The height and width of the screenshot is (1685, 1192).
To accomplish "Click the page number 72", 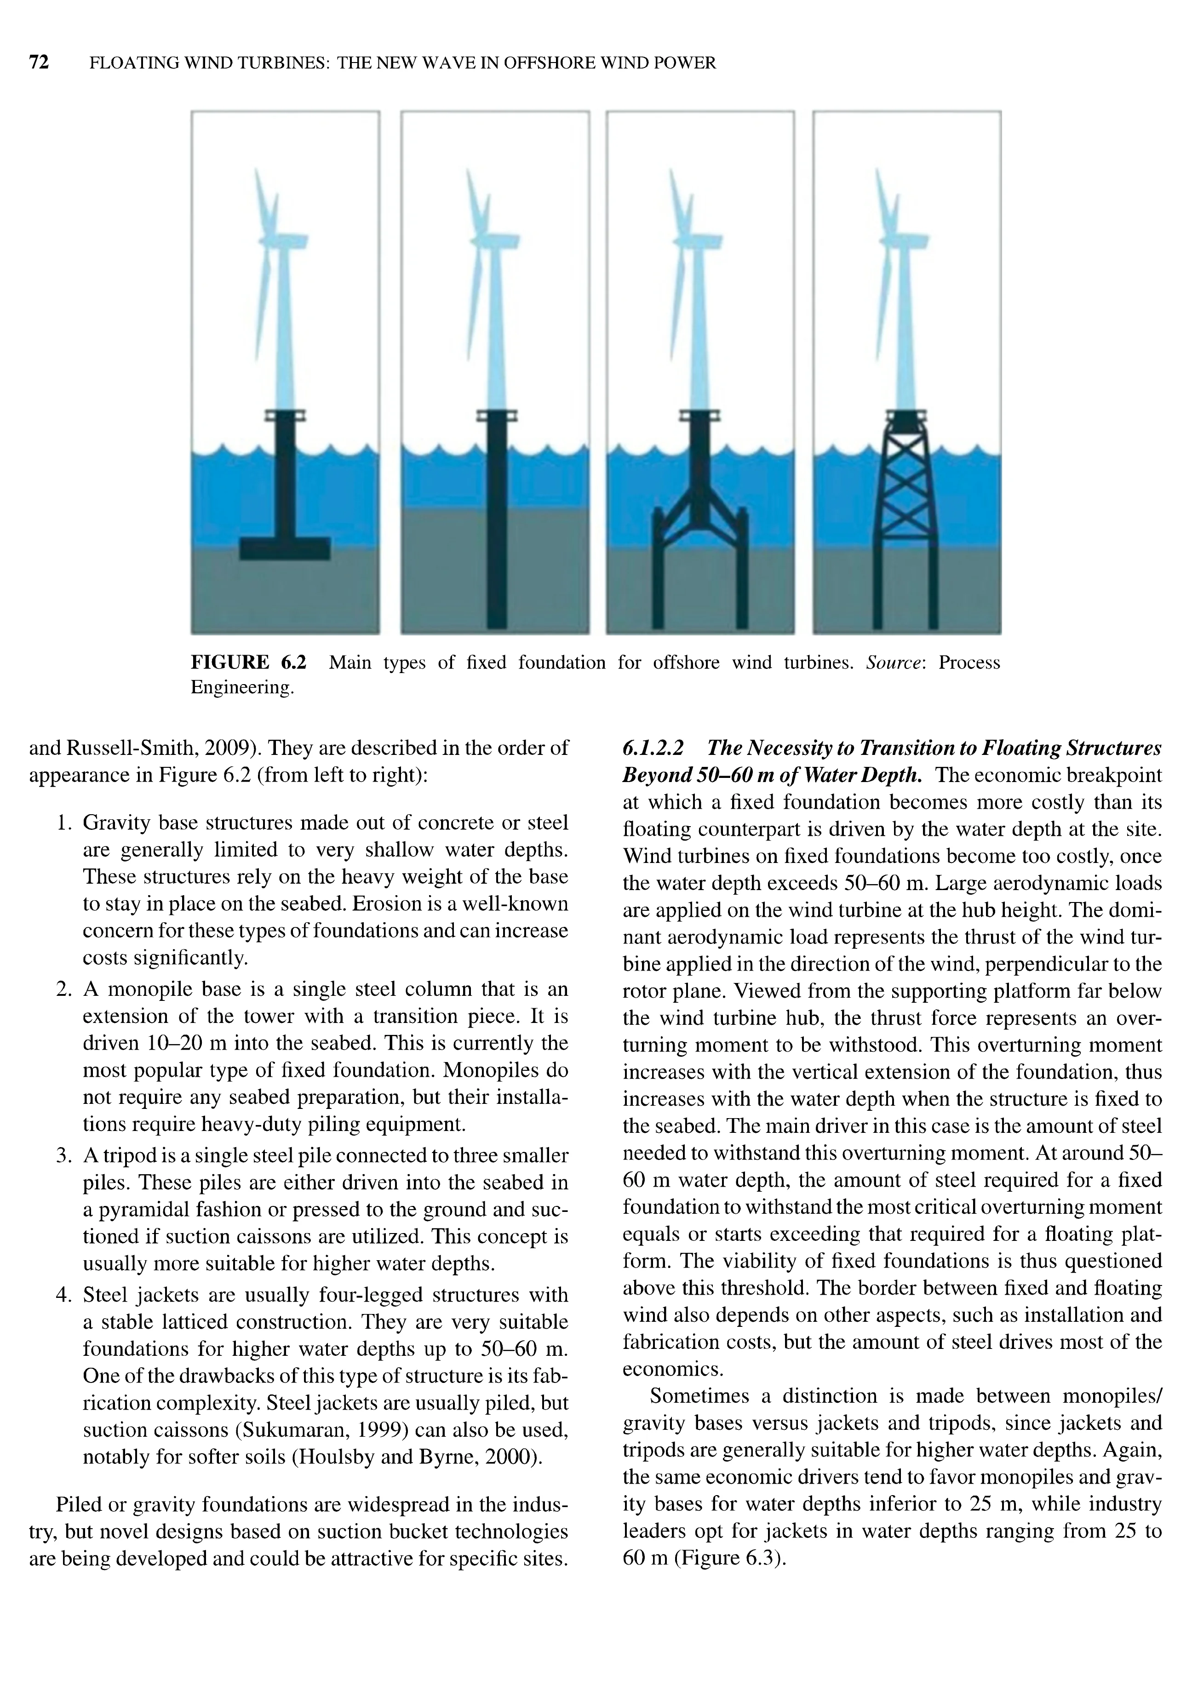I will click(39, 63).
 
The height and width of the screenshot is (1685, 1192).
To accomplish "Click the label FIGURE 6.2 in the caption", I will click(248, 663).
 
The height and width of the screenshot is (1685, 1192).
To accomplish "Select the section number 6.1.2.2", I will click(653, 748).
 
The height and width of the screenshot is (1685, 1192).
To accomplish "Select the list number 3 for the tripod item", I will click(63, 1156).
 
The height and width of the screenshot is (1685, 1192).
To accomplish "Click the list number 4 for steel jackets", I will click(63, 1295).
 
